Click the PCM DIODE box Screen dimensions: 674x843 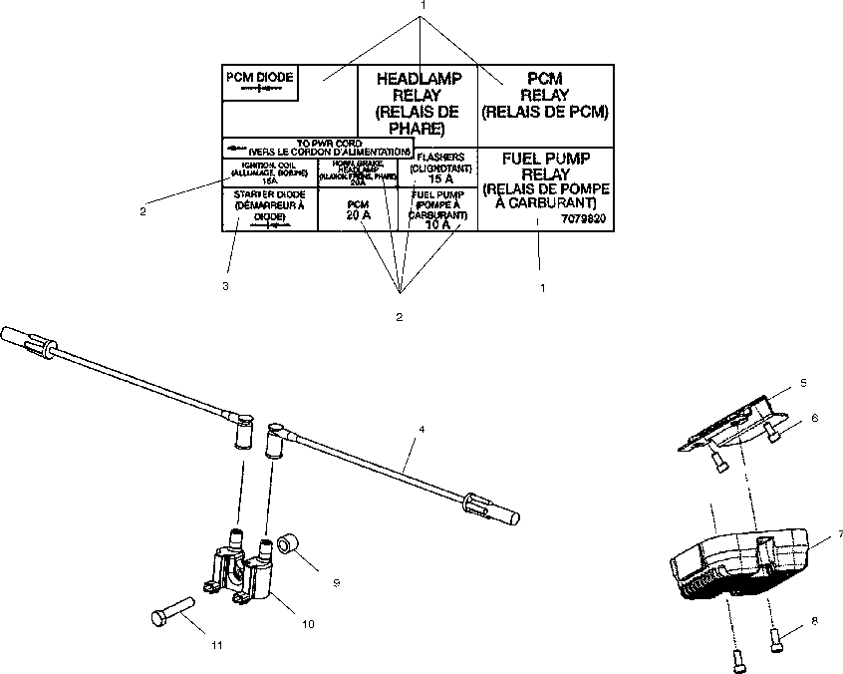[x=261, y=83]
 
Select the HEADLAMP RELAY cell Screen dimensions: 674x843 [x=418, y=103]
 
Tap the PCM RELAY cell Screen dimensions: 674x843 [x=544, y=95]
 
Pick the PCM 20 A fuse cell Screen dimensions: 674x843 [x=357, y=209]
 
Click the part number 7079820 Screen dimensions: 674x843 [x=583, y=217]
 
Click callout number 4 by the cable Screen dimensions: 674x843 [x=422, y=430]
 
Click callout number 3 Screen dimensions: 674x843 [x=225, y=286]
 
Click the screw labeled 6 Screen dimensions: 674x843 [x=775, y=430]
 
